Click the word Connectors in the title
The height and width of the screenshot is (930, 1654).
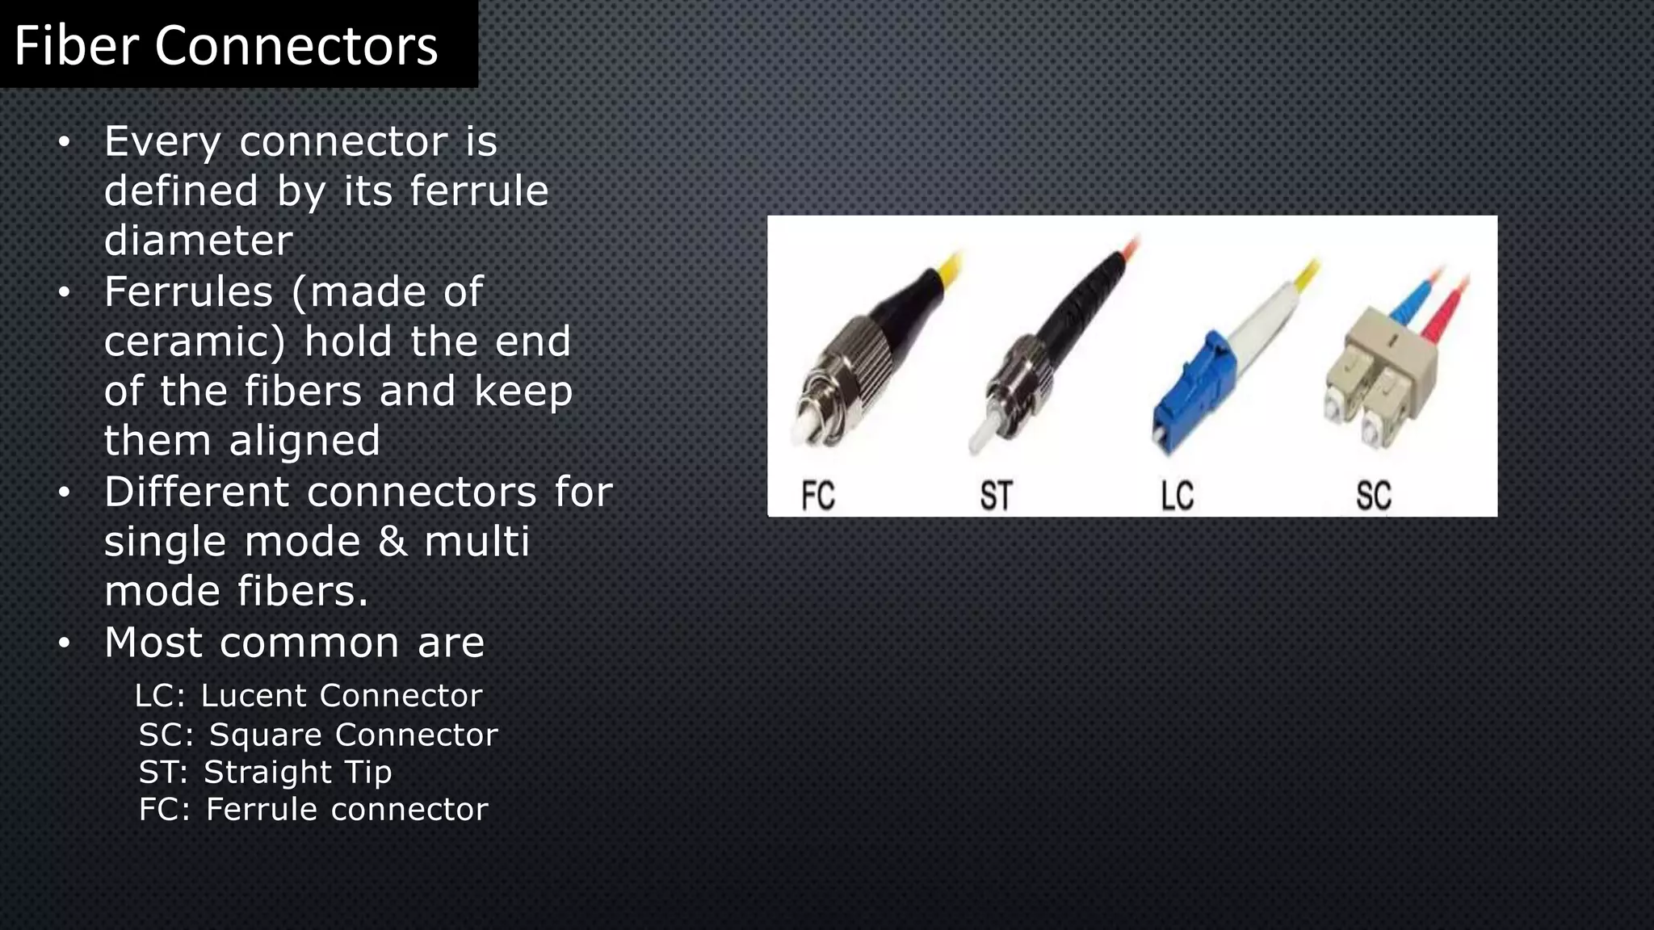pos(296,45)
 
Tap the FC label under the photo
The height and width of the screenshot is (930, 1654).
pos(817,495)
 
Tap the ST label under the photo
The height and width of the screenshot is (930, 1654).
pos(996,495)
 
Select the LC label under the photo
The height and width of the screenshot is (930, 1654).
pos(1177,495)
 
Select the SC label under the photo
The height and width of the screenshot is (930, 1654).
pos(1373,495)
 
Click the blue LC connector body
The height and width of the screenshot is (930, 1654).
pos(1187,396)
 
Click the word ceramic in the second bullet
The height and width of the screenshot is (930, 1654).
pos(194,342)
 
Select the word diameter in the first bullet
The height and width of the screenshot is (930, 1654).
pos(198,241)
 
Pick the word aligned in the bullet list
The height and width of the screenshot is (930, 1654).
pos(304,441)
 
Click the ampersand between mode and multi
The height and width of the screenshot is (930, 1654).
pos(393,541)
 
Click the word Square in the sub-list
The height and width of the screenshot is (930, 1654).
pos(266,735)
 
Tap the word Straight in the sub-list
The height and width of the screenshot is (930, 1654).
pos(267,772)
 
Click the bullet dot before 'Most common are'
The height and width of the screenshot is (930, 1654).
pos(65,643)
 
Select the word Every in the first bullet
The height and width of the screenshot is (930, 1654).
pos(162,142)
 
